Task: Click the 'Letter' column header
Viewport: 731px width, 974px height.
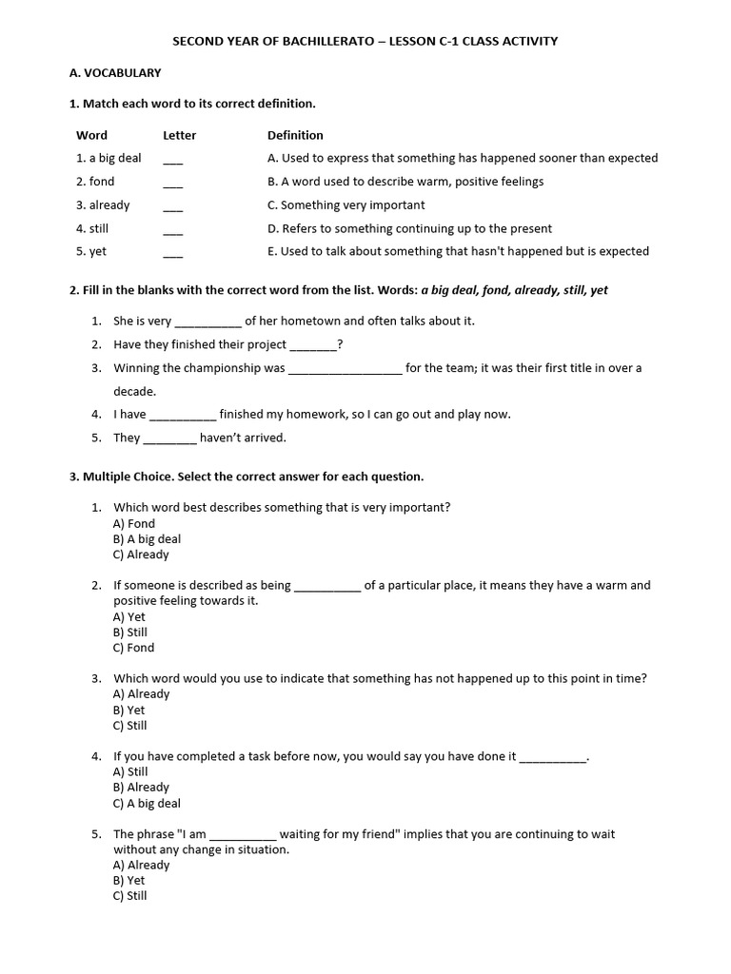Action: click(179, 135)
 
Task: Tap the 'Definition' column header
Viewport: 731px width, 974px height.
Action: click(295, 135)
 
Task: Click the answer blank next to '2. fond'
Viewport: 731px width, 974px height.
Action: click(172, 184)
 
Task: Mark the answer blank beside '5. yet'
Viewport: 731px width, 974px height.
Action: click(172, 254)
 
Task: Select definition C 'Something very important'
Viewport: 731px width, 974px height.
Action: click(346, 205)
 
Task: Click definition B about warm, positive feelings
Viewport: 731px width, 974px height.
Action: click(405, 181)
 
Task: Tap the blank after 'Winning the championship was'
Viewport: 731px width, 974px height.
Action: click(345, 370)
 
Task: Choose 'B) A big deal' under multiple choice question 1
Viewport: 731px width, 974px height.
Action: click(147, 539)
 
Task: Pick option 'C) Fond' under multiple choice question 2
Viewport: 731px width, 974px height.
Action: click(133, 648)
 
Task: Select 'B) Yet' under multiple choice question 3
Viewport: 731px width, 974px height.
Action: click(129, 710)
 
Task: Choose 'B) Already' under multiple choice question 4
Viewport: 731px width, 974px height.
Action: click(141, 788)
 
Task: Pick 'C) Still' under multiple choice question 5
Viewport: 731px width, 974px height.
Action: click(130, 896)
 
